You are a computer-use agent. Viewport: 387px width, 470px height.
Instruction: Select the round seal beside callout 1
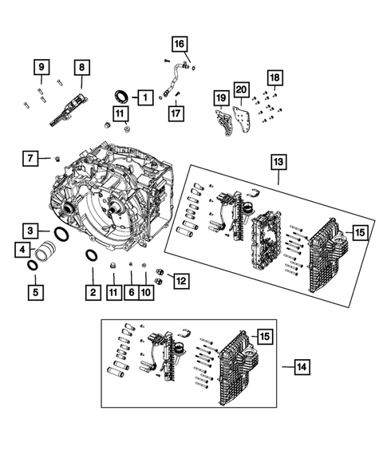tap(122, 97)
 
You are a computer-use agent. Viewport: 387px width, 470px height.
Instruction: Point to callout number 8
tap(82, 69)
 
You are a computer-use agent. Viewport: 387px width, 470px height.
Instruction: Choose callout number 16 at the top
tap(179, 44)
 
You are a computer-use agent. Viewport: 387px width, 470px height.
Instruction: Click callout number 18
tap(274, 77)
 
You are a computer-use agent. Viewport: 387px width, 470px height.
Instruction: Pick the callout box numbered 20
tap(242, 90)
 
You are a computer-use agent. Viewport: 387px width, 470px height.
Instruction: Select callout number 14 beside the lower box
tap(301, 367)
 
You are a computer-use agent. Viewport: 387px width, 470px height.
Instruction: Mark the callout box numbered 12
tap(180, 280)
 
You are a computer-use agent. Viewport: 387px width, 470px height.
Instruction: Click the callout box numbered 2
tap(93, 293)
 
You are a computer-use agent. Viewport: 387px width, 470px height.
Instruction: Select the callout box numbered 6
tap(130, 293)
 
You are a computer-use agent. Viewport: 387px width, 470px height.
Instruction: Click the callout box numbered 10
tap(145, 293)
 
